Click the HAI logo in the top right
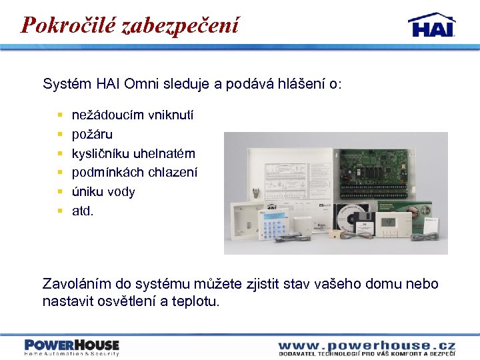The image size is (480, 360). [x=431, y=25]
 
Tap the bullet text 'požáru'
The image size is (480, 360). [x=92, y=135]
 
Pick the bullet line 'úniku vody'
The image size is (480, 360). [x=103, y=192]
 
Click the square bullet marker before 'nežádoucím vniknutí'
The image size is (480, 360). [x=60, y=116]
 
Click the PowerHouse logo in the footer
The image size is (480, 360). [x=72, y=346]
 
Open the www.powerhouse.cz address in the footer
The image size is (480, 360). [x=366, y=345]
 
